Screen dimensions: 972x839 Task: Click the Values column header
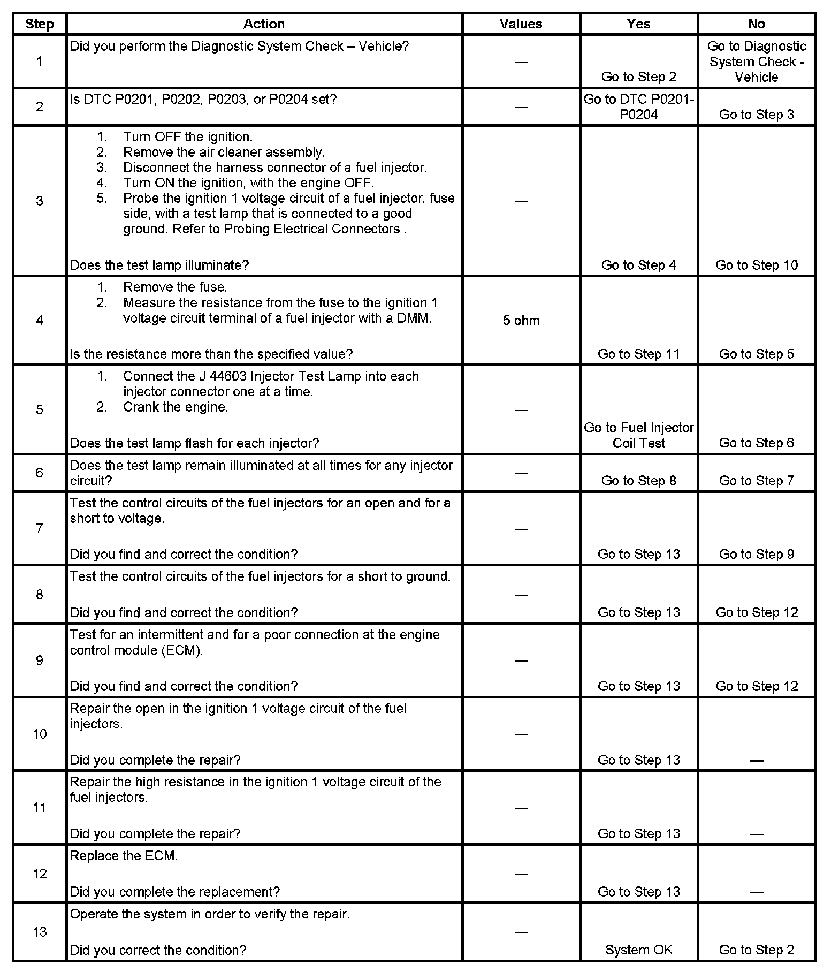pos(521,24)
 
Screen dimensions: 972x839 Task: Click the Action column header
pos(264,24)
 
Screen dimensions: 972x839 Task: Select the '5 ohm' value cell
pos(521,321)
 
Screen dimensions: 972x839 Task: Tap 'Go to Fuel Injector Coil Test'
pos(639,435)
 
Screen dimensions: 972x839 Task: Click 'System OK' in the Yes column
pos(639,950)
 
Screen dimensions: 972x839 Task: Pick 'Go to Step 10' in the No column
pos(756,265)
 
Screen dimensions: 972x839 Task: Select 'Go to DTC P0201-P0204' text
pos(639,107)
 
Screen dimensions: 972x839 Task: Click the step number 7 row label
pos(40,528)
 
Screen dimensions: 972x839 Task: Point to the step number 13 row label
pos(40,932)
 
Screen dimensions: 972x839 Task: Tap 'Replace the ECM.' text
pos(124,856)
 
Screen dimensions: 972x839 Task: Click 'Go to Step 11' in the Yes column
pos(639,354)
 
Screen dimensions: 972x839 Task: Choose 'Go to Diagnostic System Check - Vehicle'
pos(756,62)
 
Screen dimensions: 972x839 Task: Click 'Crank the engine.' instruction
pos(176,407)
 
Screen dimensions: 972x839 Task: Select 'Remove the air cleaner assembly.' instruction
pos(224,152)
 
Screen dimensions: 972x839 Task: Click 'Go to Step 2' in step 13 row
pos(756,950)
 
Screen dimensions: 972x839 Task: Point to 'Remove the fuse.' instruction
pos(175,287)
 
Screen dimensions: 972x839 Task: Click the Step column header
pos(40,24)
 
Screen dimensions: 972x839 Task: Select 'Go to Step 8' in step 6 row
pos(639,481)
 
